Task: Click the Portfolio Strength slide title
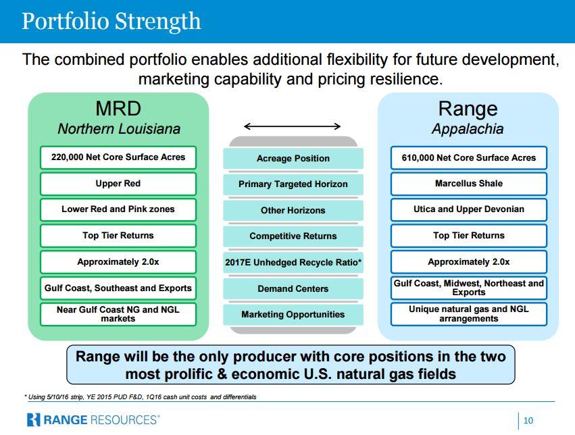(x=111, y=21)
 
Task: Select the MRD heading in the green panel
(x=118, y=109)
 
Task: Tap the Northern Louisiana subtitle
(x=119, y=128)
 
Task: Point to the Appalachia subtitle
(x=468, y=128)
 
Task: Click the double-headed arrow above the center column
(x=293, y=126)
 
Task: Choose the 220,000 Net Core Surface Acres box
(x=118, y=157)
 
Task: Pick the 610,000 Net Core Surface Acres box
(x=469, y=157)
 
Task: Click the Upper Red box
(x=118, y=184)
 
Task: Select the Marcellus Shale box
(x=469, y=184)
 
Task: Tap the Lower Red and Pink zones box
(x=118, y=209)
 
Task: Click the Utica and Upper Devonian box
(x=469, y=209)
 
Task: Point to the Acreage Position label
(x=293, y=158)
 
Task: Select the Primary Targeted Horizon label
(x=293, y=184)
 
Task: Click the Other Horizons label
(x=293, y=210)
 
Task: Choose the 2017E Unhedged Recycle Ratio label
(x=293, y=262)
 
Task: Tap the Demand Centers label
(x=293, y=289)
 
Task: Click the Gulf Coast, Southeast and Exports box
(x=118, y=288)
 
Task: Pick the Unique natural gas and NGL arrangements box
(x=469, y=314)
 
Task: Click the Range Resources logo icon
(x=33, y=420)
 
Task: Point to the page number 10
(x=528, y=421)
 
